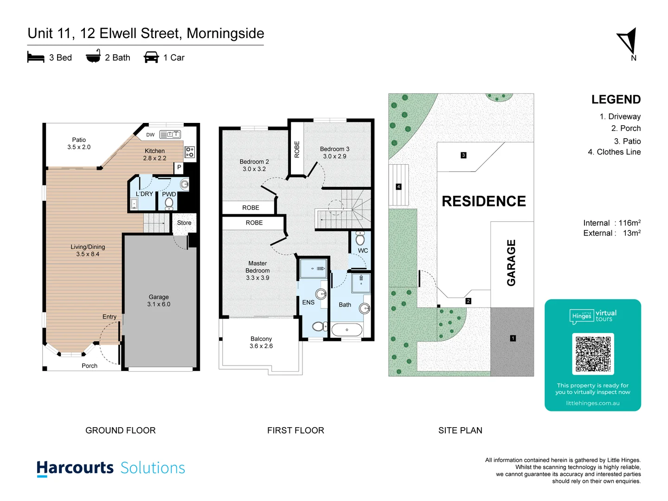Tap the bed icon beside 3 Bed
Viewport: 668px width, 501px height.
[36, 58]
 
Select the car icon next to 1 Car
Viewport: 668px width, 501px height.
[151, 58]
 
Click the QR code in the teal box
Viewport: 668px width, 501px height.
[593, 354]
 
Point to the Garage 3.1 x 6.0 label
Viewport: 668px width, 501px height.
[159, 301]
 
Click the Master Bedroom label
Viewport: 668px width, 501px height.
[257, 270]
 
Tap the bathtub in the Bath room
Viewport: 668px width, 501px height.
[347, 330]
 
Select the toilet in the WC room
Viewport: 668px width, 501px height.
[360, 239]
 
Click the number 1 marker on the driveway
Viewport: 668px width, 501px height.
[513, 338]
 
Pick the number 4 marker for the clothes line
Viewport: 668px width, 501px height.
[398, 186]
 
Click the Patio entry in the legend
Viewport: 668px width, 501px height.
[627, 141]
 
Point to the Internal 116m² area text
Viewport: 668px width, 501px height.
[611, 223]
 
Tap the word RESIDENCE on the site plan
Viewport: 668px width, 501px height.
[484, 201]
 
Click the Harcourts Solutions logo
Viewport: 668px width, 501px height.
[111, 468]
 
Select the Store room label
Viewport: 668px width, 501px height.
[184, 223]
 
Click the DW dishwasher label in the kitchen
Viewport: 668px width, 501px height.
[150, 135]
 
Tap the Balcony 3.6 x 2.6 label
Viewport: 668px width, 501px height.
[261, 342]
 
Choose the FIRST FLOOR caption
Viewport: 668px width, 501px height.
[295, 430]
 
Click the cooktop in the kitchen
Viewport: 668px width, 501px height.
[190, 152]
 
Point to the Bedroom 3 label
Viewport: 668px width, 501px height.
[334, 153]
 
